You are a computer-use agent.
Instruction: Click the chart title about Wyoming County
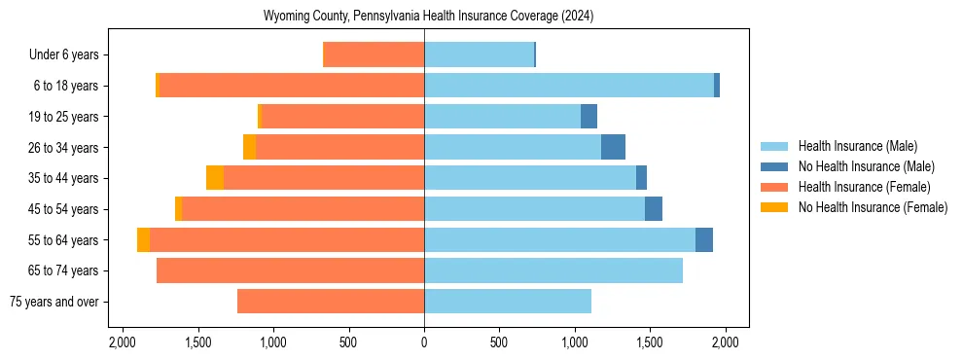click(428, 17)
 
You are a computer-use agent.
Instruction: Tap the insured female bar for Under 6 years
click(374, 54)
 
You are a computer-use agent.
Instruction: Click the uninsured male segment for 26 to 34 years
click(613, 147)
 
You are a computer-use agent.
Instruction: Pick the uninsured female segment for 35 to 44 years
click(215, 178)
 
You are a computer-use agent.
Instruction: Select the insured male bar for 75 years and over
click(508, 302)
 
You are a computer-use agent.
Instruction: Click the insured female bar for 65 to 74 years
click(290, 270)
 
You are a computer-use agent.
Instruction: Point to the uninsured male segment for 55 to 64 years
click(704, 239)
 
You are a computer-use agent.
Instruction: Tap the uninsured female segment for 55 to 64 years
click(144, 239)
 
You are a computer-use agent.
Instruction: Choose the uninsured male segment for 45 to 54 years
click(654, 209)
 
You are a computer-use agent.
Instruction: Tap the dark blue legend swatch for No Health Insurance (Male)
click(775, 166)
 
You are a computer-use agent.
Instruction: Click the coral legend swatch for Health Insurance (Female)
click(775, 187)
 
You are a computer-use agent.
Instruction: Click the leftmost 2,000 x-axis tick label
click(123, 342)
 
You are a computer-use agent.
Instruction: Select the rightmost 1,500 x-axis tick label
click(650, 342)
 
